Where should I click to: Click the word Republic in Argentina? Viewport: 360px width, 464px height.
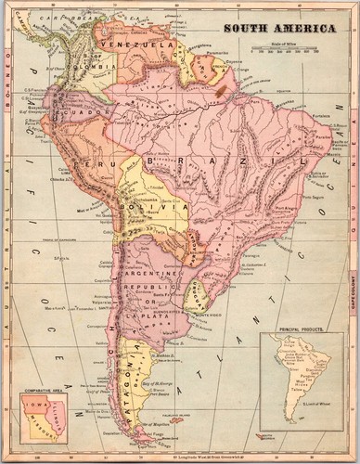coord(148,289)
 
